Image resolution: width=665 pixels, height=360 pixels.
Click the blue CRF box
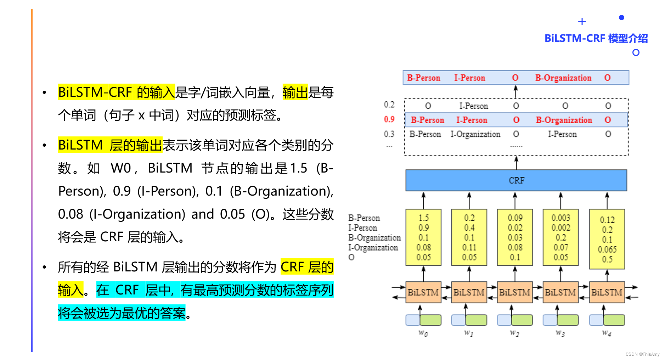(x=516, y=180)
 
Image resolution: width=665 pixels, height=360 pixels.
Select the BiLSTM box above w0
(x=423, y=292)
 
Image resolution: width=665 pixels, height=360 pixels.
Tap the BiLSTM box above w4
(x=607, y=292)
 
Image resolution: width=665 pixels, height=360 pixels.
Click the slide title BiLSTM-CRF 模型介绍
(x=596, y=38)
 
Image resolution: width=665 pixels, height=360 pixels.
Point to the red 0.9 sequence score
(x=389, y=119)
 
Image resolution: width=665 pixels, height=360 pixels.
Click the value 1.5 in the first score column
(x=423, y=218)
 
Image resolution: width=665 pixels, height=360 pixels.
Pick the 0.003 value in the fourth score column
(x=560, y=218)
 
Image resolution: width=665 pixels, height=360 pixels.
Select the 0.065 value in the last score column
(x=607, y=249)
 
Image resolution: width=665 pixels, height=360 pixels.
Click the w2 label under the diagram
(x=514, y=333)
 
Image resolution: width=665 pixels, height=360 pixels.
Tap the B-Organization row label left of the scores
(x=374, y=238)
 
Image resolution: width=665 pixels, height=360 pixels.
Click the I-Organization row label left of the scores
(x=373, y=248)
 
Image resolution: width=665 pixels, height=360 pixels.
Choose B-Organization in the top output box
(x=563, y=78)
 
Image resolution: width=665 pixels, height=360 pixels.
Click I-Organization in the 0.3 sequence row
(x=475, y=134)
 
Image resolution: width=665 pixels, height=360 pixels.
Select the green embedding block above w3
(x=568, y=320)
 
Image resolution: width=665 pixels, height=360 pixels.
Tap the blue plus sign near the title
(x=582, y=22)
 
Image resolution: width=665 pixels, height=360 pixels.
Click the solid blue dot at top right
(x=621, y=17)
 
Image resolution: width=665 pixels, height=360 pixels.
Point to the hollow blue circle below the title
(x=636, y=52)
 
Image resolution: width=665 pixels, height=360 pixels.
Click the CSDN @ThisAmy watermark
(x=642, y=354)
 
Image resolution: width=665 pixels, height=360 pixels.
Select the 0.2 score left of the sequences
(x=389, y=105)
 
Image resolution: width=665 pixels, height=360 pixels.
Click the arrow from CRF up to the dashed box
(x=516, y=163)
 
